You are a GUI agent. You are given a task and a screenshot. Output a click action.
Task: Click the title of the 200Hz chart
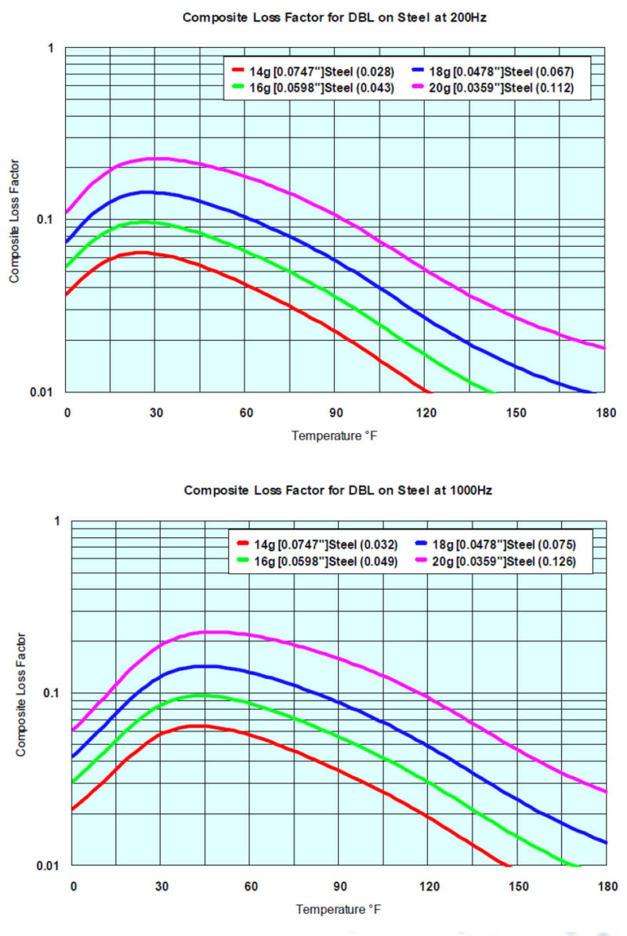point(335,17)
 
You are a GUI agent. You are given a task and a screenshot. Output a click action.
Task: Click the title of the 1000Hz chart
point(338,490)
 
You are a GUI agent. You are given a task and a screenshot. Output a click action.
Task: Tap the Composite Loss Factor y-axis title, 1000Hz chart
point(21,693)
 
